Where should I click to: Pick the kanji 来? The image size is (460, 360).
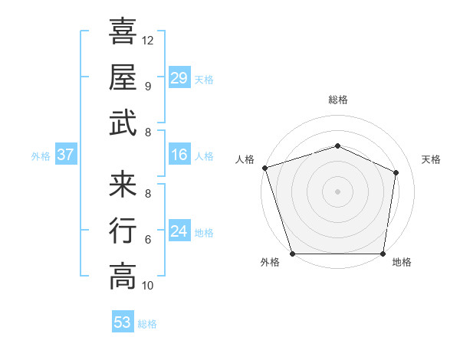click(x=123, y=184)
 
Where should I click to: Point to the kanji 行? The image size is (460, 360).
click(x=123, y=230)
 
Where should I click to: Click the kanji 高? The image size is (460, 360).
click(x=123, y=276)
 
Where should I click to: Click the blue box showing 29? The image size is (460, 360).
click(x=179, y=78)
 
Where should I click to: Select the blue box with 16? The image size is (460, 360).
click(x=179, y=155)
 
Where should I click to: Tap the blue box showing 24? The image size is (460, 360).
click(x=179, y=231)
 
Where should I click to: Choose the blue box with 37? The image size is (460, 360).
click(x=66, y=155)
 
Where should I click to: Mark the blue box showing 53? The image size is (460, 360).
click(x=122, y=322)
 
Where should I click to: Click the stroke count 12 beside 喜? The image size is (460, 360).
click(x=148, y=40)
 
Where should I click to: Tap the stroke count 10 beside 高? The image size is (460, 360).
click(x=148, y=286)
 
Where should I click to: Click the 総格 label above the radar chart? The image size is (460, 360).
click(x=337, y=100)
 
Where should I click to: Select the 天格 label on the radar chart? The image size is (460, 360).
click(x=432, y=159)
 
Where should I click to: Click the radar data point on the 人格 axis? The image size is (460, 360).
click(x=264, y=168)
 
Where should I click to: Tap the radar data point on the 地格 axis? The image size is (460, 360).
click(x=383, y=254)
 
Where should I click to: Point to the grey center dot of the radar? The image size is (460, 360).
click(x=337, y=191)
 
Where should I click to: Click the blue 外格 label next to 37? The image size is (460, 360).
click(x=41, y=156)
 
